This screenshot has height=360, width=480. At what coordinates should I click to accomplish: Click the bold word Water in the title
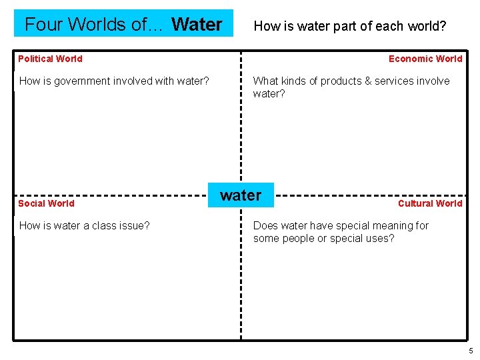point(197,25)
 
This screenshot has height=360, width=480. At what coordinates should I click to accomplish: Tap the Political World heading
point(50,59)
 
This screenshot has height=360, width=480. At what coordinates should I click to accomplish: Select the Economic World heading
point(425,59)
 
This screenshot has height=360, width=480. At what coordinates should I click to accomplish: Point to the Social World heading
point(46,203)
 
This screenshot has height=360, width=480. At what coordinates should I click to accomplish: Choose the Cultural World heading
point(429,203)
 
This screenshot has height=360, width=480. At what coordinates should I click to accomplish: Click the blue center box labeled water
point(241,195)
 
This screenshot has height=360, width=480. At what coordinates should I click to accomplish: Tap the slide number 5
point(471,351)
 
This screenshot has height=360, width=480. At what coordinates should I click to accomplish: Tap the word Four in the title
point(44,25)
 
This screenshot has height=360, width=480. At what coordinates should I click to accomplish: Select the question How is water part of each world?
point(350,27)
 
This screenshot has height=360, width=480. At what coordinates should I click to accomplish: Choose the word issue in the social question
point(135,226)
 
